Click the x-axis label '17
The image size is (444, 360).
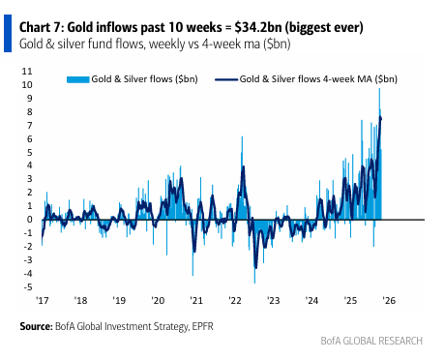tap(42, 300)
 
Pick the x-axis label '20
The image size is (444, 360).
tap(157, 300)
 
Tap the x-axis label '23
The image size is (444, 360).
tap(273, 300)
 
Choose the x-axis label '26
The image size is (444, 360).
tap(389, 300)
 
